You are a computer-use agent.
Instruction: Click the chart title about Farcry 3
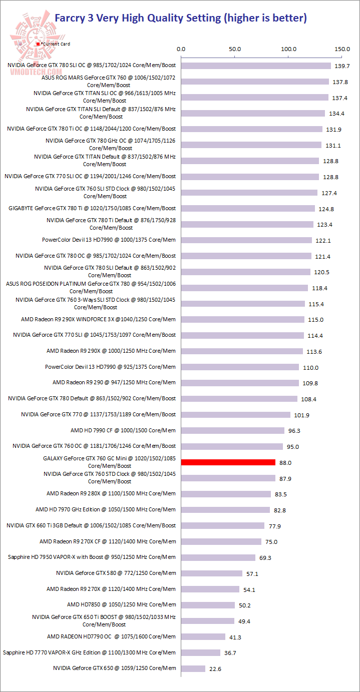tap(180, 19)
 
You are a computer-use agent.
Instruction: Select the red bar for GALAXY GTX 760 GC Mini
tap(228, 462)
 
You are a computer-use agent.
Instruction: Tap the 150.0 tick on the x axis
tap(342, 49)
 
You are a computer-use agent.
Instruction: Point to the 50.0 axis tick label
tap(235, 49)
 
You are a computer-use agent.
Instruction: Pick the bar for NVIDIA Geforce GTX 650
tap(193, 668)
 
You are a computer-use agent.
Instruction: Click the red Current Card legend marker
tap(38, 44)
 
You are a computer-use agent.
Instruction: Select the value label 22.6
tap(216, 669)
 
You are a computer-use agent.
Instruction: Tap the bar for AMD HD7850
tap(208, 605)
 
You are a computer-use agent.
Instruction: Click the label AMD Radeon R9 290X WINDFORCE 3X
tap(98, 319)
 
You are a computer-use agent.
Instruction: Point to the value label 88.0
tap(286, 463)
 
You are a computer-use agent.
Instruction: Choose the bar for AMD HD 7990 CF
tap(232, 430)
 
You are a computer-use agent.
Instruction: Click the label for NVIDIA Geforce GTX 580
tap(116, 573)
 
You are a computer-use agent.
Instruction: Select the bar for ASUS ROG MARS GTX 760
tap(255, 82)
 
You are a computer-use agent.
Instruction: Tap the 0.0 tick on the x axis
tap(181, 49)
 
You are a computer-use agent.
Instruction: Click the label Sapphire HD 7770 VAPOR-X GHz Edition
tap(89, 652)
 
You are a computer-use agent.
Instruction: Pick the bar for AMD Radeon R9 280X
tap(226, 494)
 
